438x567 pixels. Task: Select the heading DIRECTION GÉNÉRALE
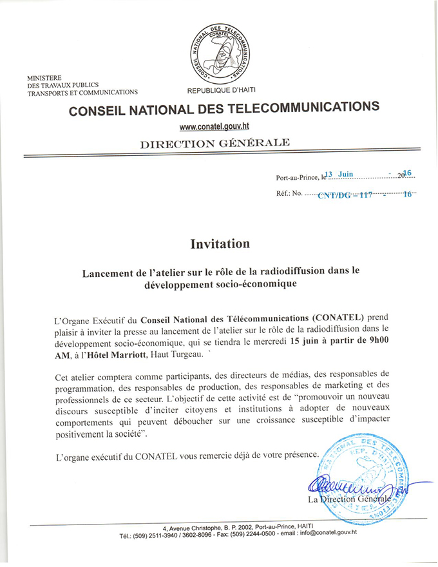[x=214, y=143]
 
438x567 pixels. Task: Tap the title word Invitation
[x=220, y=244]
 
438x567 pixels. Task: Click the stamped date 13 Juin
[x=339, y=173]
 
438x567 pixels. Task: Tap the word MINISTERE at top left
[x=44, y=78]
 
